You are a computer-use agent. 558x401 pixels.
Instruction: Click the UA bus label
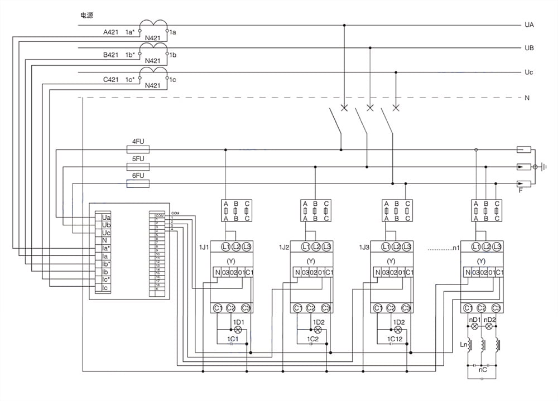tap(529, 25)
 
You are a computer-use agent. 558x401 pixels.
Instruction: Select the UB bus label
tap(529, 48)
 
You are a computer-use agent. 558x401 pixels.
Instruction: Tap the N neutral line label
tap(527, 98)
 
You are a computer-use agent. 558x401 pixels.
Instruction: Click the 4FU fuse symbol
tap(138, 150)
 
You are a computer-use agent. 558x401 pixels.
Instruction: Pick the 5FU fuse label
tap(138, 159)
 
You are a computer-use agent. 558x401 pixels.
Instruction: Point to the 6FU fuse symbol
tap(138, 184)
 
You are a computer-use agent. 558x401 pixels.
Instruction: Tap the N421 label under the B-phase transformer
tap(152, 61)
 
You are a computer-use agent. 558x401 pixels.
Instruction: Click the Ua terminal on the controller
tap(106, 217)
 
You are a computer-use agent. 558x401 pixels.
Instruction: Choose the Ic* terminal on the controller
tap(106, 280)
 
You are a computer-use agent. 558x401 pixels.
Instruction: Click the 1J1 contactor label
tap(204, 247)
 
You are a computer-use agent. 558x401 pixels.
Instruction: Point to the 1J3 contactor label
tap(364, 247)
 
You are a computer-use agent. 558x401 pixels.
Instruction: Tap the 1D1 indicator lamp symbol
tap(238, 329)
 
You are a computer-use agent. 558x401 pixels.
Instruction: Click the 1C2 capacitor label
tap(313, 339)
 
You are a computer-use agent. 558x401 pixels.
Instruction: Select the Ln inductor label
tap(463, 345)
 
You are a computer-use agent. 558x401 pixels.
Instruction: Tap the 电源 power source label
tap(86, 15)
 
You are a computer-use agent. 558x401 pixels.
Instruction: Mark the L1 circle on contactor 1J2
tap(305, 247)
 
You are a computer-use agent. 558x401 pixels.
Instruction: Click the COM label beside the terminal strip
tap(175, 213)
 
